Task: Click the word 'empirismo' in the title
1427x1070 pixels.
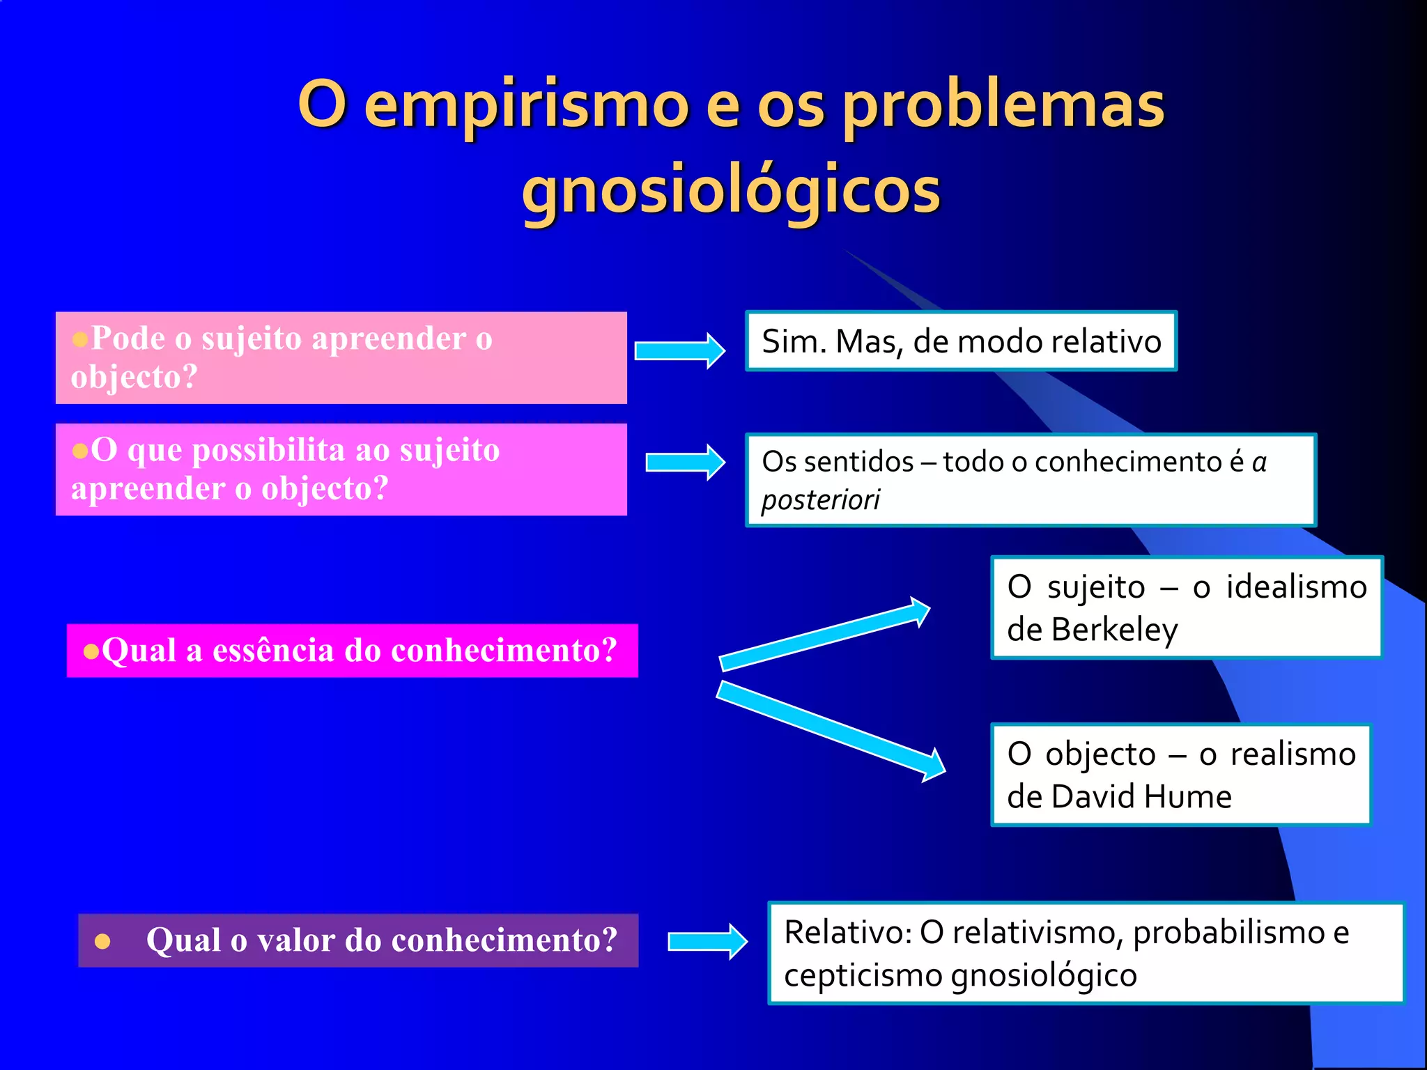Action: tap(527, 106)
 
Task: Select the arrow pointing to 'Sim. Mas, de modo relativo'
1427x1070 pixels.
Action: tap(679, 350)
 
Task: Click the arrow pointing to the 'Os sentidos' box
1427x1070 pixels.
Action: tap(685, 462)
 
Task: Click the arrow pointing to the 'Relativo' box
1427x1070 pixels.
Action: tap(707, 942)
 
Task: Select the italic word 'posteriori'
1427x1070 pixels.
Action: tap(821, 500)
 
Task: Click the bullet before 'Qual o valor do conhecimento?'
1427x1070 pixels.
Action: tap(102, 942)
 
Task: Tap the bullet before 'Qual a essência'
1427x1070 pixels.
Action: tap(91, 652)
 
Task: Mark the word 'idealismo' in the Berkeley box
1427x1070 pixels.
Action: tap(1296, 587)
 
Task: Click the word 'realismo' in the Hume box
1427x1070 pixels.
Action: tap(1293, 754)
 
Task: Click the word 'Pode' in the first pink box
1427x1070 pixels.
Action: tap(128, 339)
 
